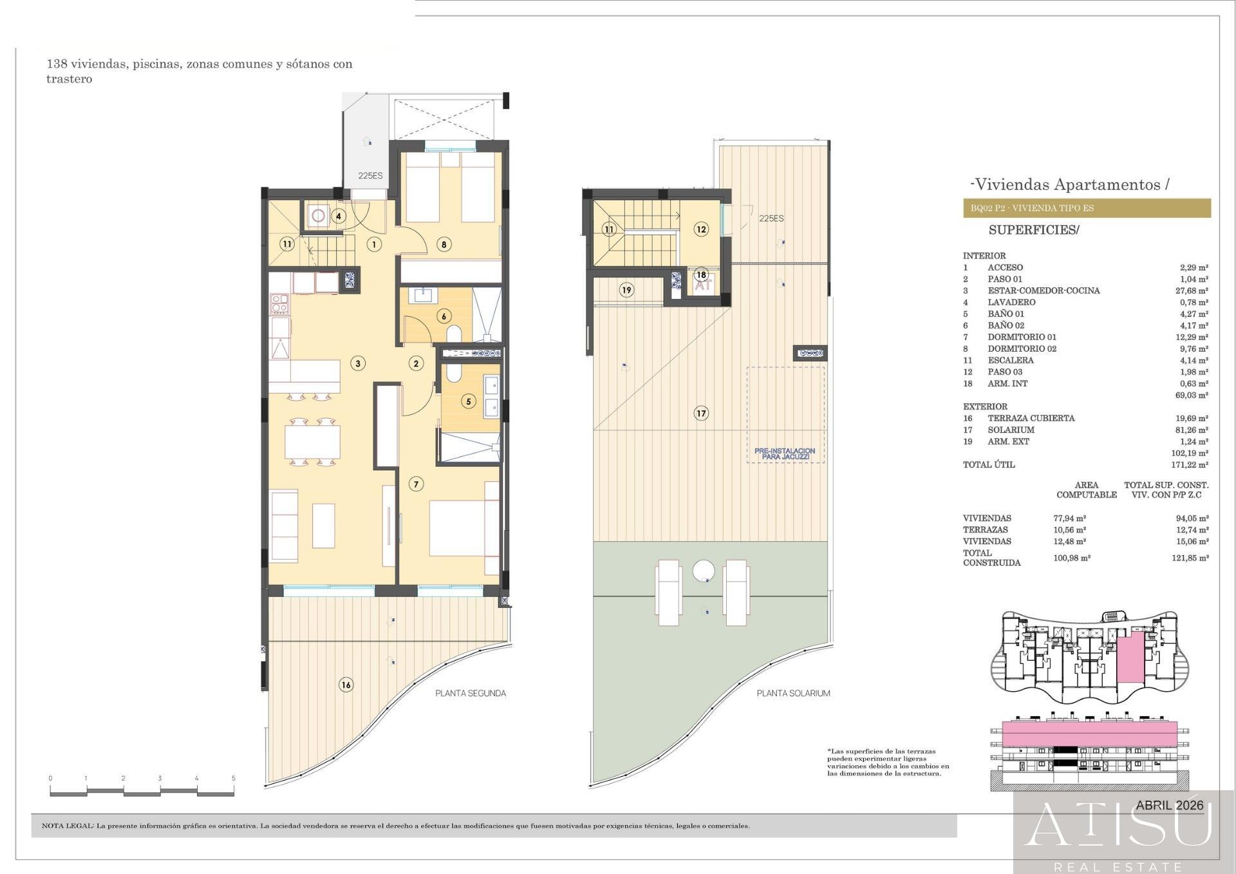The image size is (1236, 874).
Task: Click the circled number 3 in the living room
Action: pyautogui.click(x=358, y=363)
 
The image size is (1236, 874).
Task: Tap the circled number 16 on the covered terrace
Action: pyautogui.click(x=346, y=685)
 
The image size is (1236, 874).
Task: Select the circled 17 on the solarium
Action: pyautogui.click(x=701, y=413)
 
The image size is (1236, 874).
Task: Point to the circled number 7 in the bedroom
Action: pyautogui.click(x=416, y=484)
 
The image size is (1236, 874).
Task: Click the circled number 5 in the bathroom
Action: pyautogui.click(x=468, y=401)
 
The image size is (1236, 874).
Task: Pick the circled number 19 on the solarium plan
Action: pyautogui.click(x=626, y=290)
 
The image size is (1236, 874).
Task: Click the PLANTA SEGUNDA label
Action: pyautogui.click(x=471, y=694)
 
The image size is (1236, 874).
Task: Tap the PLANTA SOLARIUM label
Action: pyautogui.click(x=793, y=694)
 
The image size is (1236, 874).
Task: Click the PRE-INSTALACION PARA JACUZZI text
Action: pyautogui.click(x=785, y=453)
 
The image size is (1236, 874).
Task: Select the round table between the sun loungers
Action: pyautogui.click(x=704, y=571)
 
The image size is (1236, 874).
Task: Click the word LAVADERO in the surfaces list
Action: pyautogui.click(x=1011, y=302)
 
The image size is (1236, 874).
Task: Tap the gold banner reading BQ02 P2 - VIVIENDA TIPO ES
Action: pyautogui.click(x=1087, y=208)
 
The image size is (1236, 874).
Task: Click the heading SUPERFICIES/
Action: pyautogui.click(x=1034, y=230)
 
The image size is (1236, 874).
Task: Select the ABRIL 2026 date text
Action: pyautogui.click(x=1170, y=805)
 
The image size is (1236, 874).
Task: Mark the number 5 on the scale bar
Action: pyautogui.click(x=234, y=778)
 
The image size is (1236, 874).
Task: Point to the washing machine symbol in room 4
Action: pyautogui.click(x=318, y=215)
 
